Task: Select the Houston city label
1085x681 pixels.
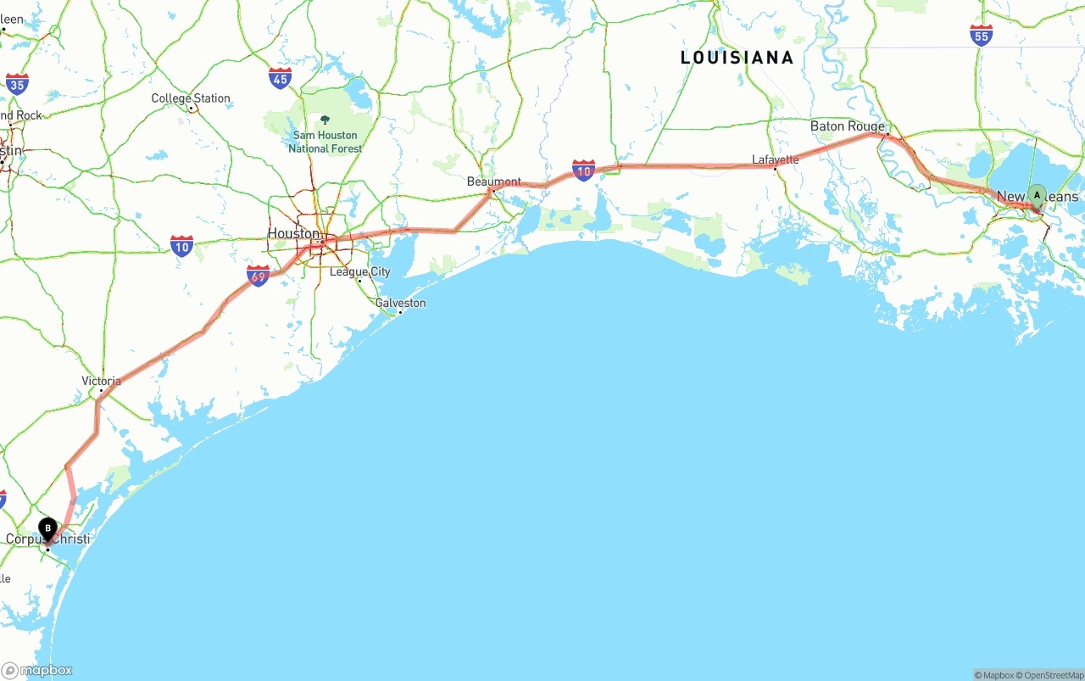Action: pyautogui.click(x=293, y=233)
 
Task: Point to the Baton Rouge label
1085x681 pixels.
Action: pyautogui.click(x=847, y=126)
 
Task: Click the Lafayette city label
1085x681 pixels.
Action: pyautogui.click(x=775, y=159)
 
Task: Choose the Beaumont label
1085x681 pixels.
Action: pyautogui.click(x=494, y=181)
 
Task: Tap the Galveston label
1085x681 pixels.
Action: pyautogui.click(x=401, y=303)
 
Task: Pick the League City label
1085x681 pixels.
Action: pyautogui.click(x=360, y=271)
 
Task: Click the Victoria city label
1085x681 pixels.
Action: pyautogui.click(x=101, y=381)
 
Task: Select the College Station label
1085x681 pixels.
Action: pyautogui.click(x=191, y=98)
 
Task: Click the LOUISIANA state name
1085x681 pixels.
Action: pyautogui.click(x=737, y=58)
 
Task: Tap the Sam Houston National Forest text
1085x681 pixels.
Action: pyautogui.click(x=325, y=142)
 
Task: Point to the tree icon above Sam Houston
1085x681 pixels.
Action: pyautogui.click(x=325, y=120)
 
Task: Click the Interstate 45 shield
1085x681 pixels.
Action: pyautogui.click(x=280, y=79)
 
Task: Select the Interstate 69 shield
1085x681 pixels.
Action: pyautogui.click(x=258, y=275)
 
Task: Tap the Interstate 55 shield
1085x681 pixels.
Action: pyautogui.click(x=981, y=35)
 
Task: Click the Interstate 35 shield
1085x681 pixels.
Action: pyautogui.click(x=17, y=83)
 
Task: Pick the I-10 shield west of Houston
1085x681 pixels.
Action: pyautogui.click(x=181, y=246)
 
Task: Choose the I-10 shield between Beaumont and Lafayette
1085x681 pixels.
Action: pyautogui.click(x=583, y=170)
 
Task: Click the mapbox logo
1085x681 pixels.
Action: pyautogui.click(x=37, y=670)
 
